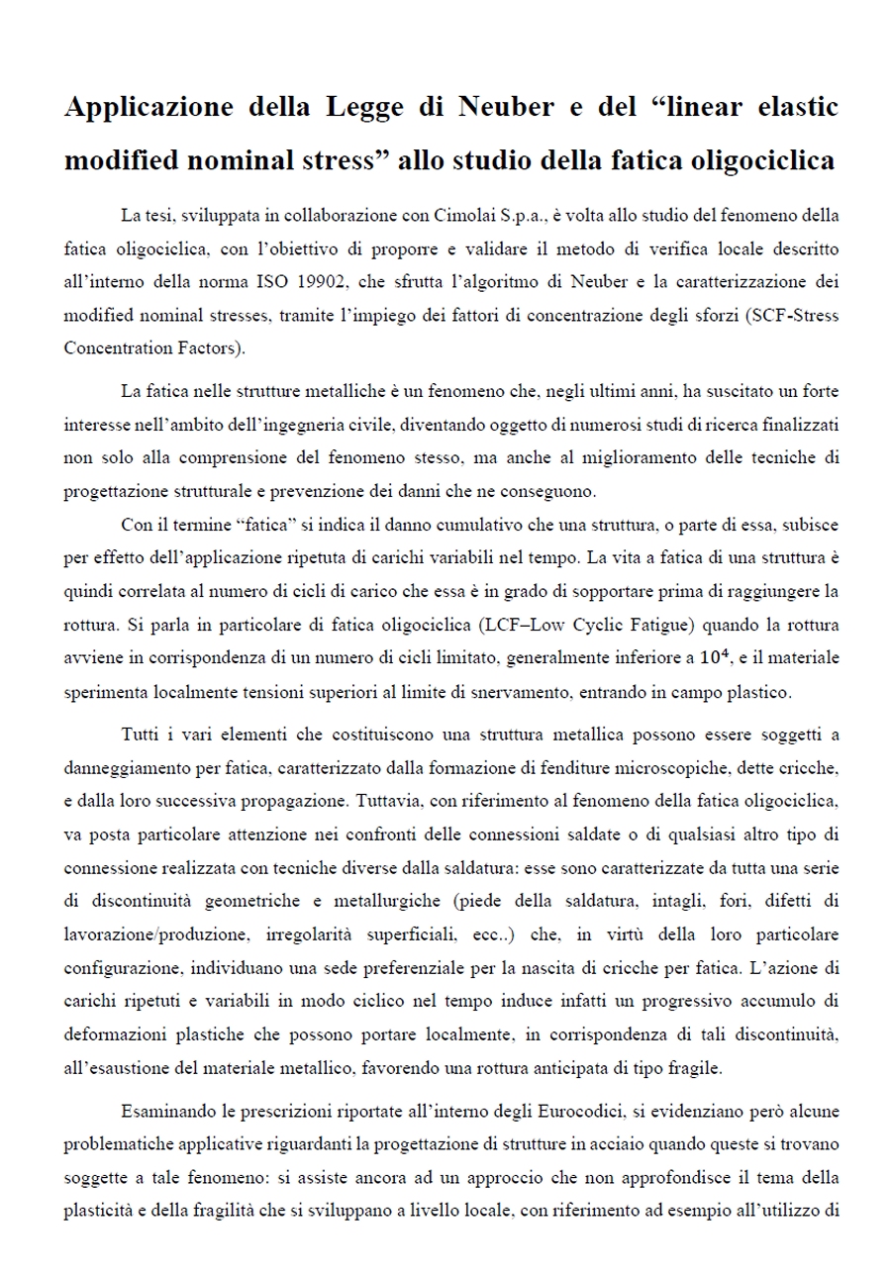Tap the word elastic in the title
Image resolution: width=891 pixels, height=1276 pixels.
pyautogui.click(x=788, y=107)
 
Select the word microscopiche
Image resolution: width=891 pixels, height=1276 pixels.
pyautogui.click(x=713, y=767)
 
